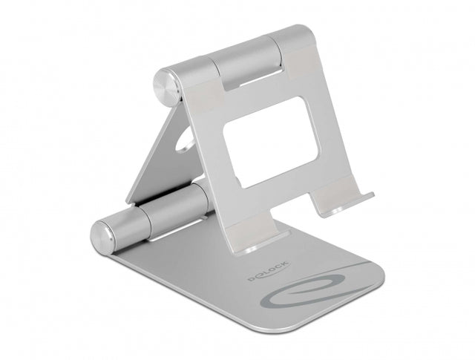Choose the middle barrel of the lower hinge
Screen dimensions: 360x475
(x=171, y=208)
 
